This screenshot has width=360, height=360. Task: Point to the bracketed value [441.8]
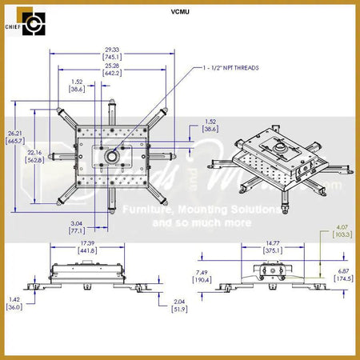point(87,250)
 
